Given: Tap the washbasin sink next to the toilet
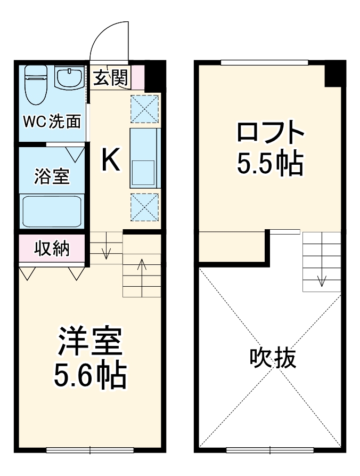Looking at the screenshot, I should pyautogui.click(x=69, y=79).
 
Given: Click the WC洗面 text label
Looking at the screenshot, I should pyautogui.click(x=52, y=122).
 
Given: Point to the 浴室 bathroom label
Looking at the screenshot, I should pyautogui.click(x=52, y=176).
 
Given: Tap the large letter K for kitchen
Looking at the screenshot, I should pyautogui.click(x=111, y=159).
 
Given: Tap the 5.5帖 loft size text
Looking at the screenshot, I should pyautogui.click(x=271, y=164).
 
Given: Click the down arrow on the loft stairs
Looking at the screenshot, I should pyautogui.click(x=322, y=279).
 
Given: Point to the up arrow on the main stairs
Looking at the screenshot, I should pyautogui.click(x=142, y=264).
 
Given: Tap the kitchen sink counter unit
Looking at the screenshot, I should pyautogui.click(x=144, y=158).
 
